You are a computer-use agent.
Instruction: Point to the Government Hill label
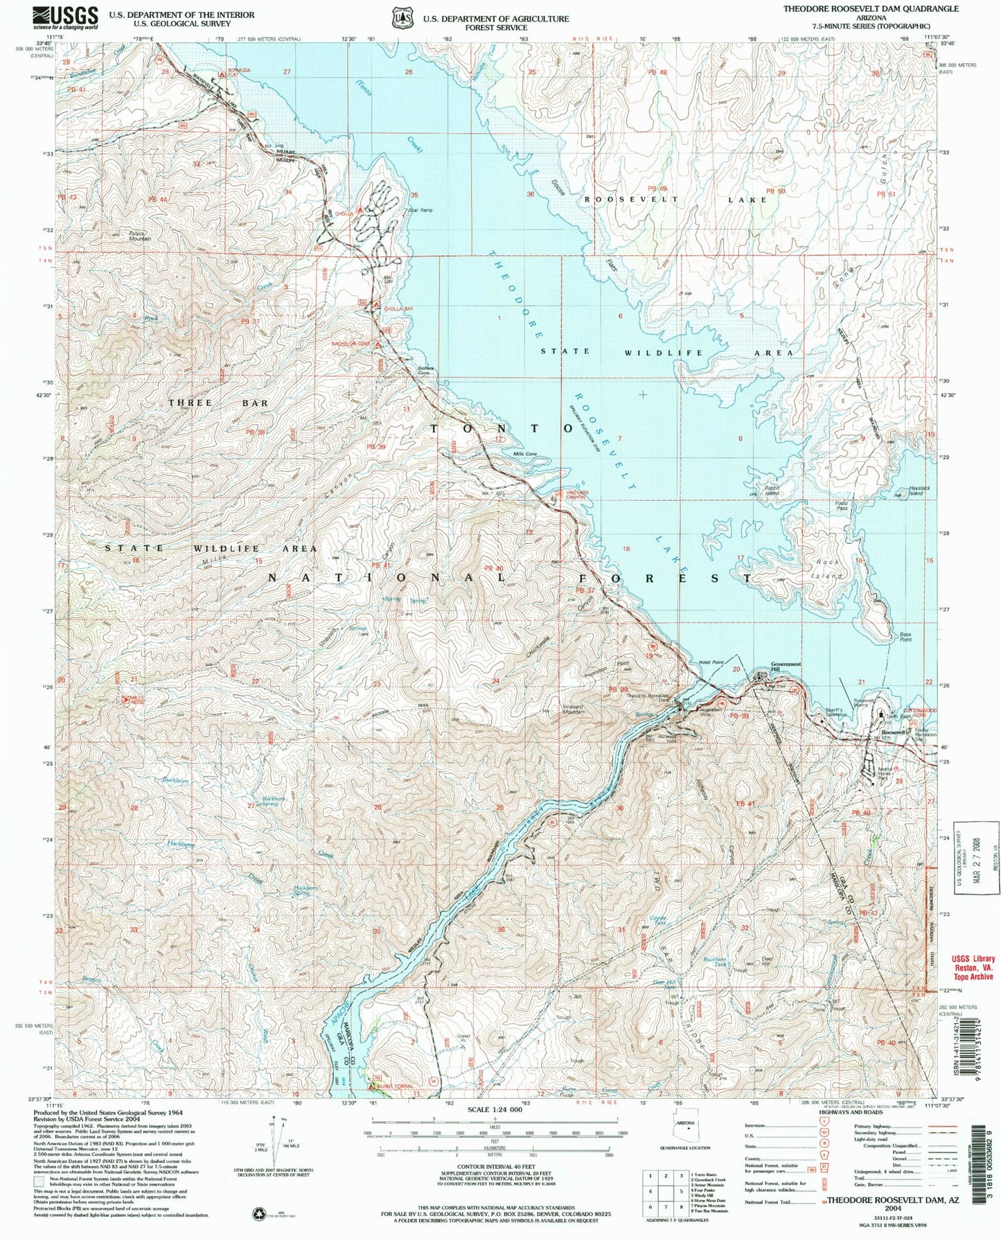pyautogui.click(x=786, y=667)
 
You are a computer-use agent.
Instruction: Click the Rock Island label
pyautogui.click(x=829, y=569)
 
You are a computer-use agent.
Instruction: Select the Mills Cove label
pyautogui.click(x=524, y=455)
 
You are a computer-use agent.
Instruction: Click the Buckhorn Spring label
pyautogui.click(x=274, y=801)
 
